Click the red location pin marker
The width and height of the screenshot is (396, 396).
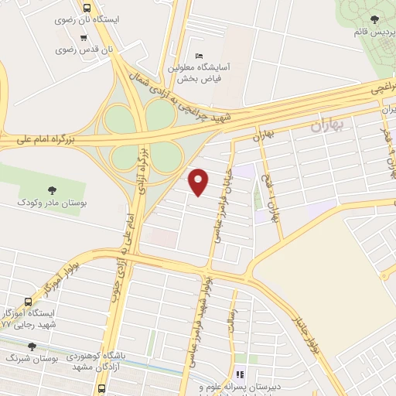pyautogui.click(x=200, y=181)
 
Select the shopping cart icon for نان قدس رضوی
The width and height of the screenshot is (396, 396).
pyautogui.click(x=84, y=38)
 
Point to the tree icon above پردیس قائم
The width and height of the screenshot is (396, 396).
pyautogui.click(x=374, y=20)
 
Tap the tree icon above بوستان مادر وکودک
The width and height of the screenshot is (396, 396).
pyautogui.click(x=52, y=189)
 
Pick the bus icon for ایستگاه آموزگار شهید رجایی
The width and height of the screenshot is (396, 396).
pyautogui.click(x=29, y=302)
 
